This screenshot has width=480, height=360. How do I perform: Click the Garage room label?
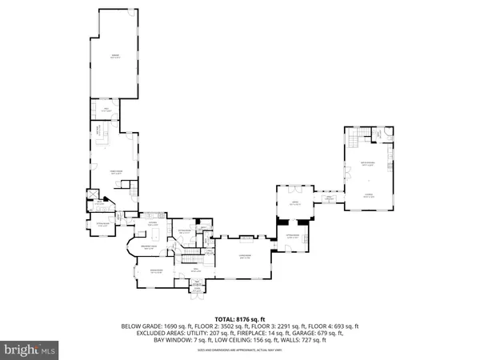coord(114,56)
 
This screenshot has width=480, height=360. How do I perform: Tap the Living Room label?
coord(244,258)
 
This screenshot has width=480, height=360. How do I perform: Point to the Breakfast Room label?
coord(150,249)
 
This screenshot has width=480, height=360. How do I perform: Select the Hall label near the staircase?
coord(194,272)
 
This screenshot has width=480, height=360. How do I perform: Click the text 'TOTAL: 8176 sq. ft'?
coord(240,317)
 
